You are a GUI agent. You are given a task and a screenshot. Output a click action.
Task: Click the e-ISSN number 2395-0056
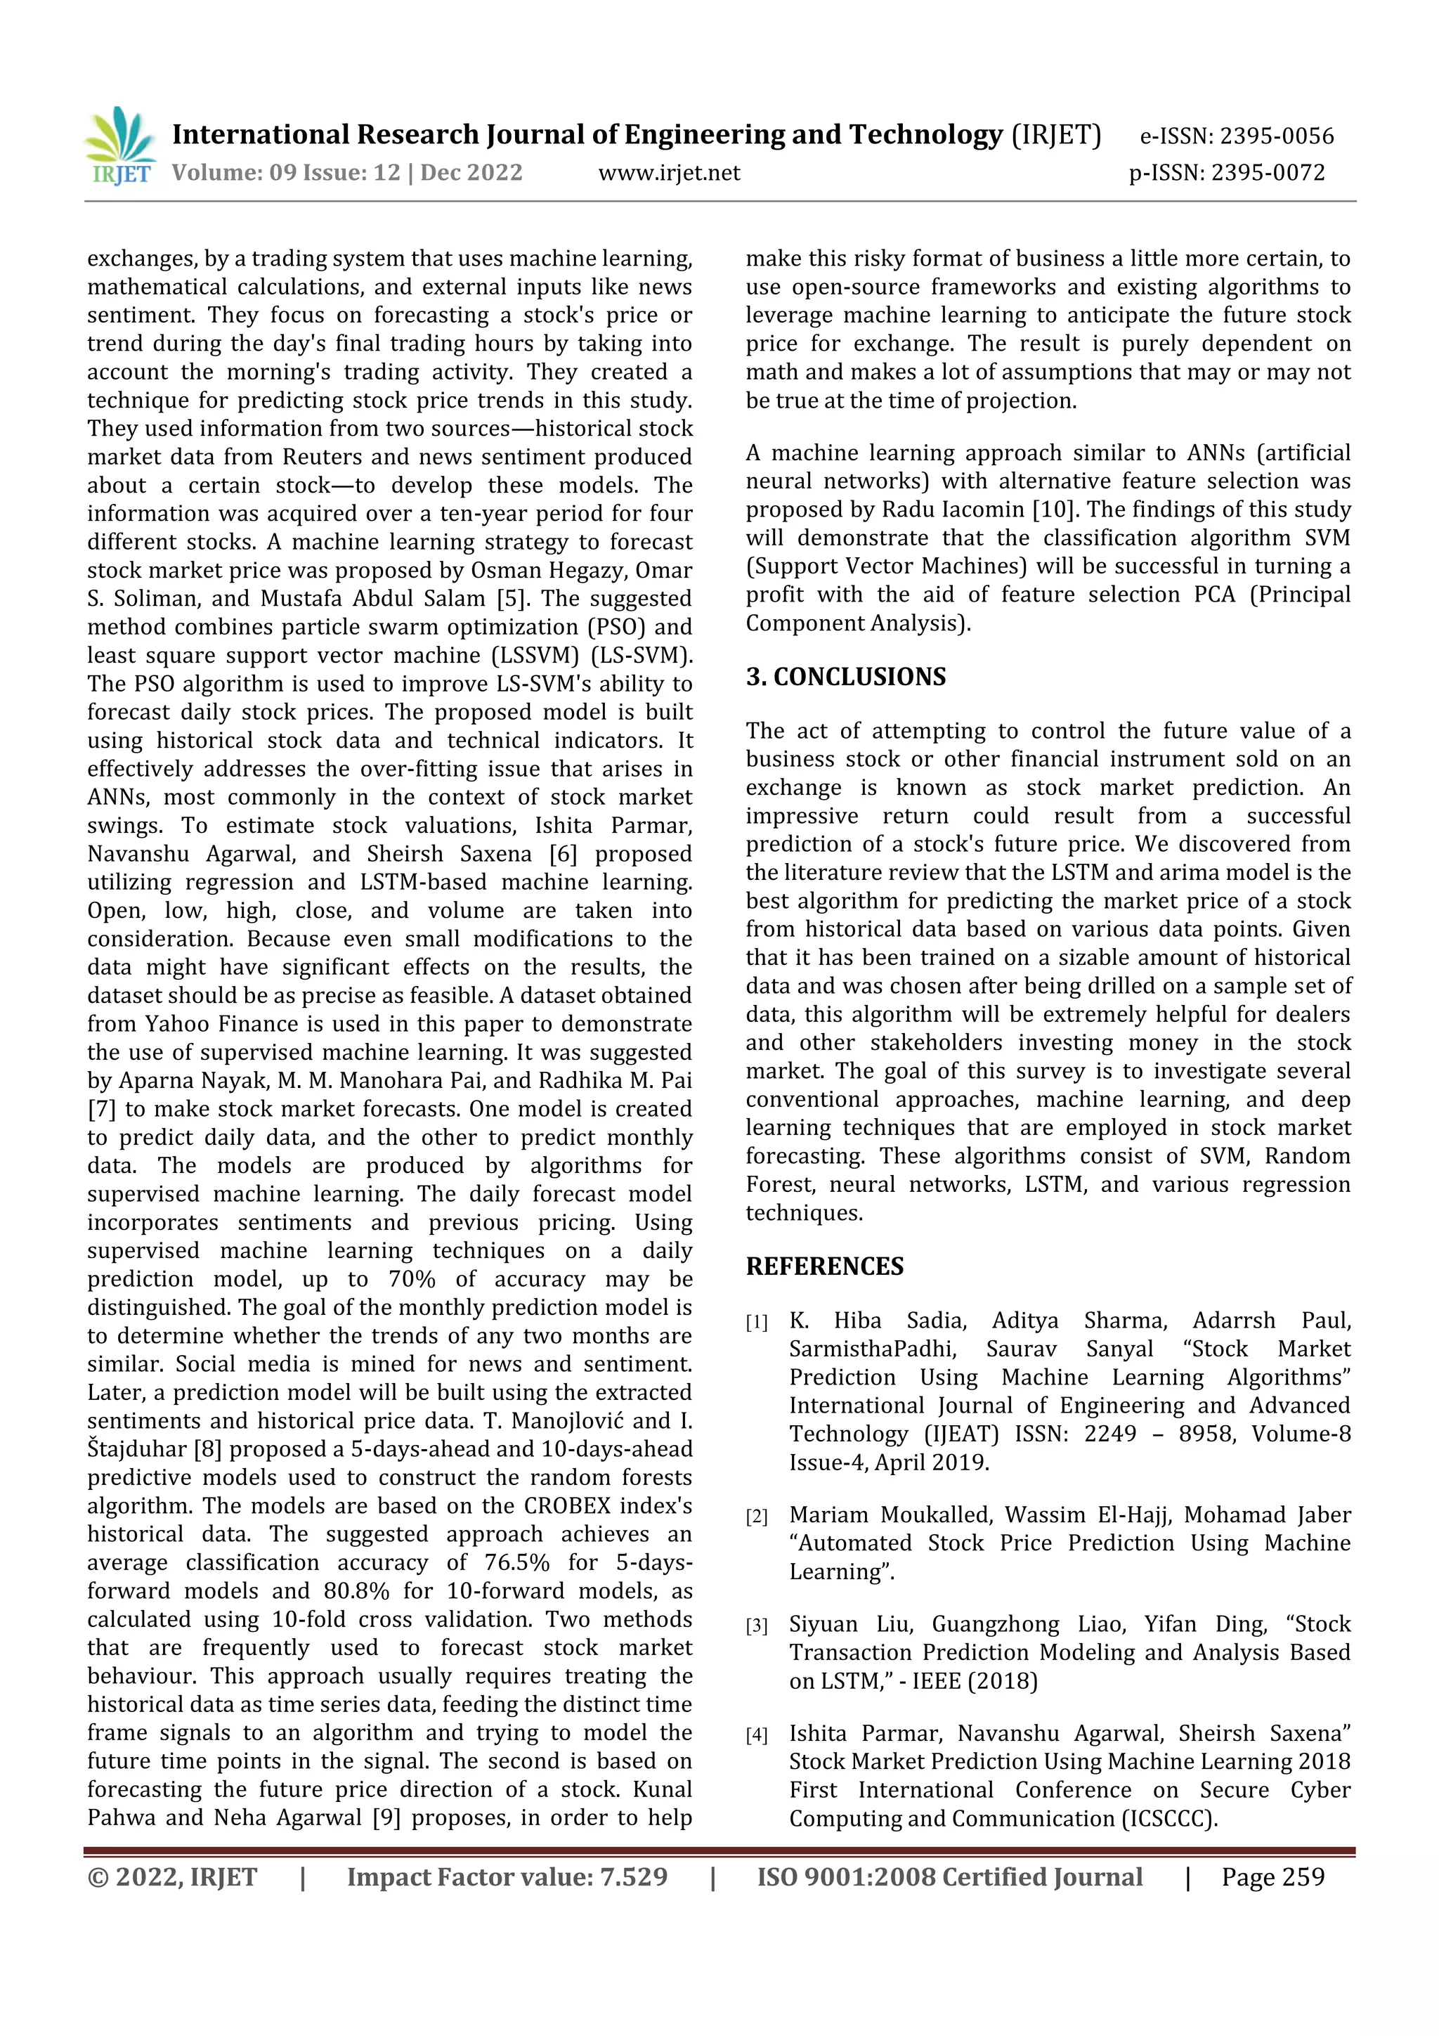pyautogui.click(x=1277, y=136)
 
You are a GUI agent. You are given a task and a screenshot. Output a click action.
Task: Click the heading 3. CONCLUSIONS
pyautogui.click(x=845, y=677)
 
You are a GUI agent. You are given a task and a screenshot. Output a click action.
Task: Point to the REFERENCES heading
pyautogui.click(x=825, y=1266)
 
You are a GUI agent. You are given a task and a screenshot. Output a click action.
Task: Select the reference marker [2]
pyautogui.click(x=756, y=1517)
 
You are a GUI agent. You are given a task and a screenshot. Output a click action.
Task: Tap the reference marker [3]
pyautogui.click(x=756, y=1626)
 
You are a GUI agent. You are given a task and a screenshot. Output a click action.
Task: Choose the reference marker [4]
pyautogui.click(x=756, y=1735)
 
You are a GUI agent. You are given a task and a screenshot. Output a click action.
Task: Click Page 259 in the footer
pyautogui.click(x=1272, y=1877)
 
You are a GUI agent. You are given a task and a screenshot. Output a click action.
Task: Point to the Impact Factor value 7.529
pyautogui.click(x=633, y=1877)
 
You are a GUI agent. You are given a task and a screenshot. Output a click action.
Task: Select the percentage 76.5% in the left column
pyautogui.click(x=517, y=1562)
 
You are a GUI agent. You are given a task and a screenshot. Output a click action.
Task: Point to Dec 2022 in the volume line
pyautogui.click(x=471, y=173)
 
